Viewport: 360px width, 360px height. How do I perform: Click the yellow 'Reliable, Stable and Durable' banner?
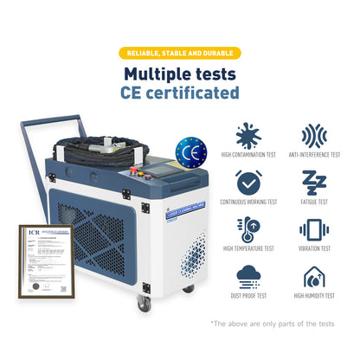pos(179,53)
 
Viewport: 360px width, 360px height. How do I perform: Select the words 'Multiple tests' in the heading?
pos(180,74)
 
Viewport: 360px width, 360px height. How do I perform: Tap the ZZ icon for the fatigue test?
pos(313,182)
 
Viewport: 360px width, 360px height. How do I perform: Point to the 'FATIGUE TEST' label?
pos(313,202)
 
